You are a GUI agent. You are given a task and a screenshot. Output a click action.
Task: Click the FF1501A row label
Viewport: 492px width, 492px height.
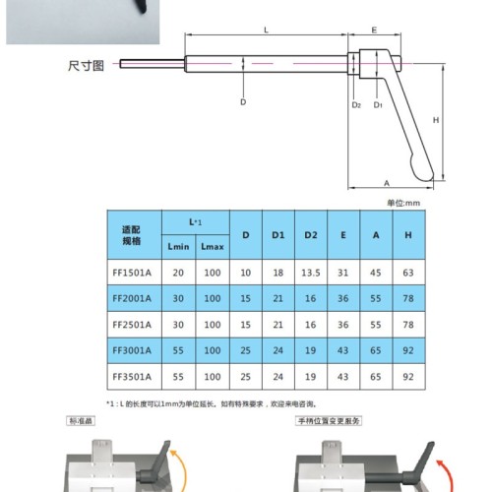132,273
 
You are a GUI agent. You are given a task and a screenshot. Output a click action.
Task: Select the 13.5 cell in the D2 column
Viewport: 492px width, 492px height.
311,273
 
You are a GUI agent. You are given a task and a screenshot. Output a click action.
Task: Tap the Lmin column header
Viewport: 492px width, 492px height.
178,246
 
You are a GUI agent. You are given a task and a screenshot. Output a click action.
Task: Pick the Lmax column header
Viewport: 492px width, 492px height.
213,246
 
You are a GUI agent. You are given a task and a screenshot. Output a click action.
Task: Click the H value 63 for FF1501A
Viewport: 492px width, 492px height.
408,273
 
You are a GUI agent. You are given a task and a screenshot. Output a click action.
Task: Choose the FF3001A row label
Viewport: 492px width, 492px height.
132,350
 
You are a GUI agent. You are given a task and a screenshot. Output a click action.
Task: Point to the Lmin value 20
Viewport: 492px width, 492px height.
178,273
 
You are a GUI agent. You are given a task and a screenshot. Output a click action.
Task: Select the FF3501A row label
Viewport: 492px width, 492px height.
132,377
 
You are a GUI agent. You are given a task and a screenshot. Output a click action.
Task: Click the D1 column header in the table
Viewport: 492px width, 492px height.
278,235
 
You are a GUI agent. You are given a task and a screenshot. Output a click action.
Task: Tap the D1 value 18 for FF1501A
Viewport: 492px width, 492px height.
278,273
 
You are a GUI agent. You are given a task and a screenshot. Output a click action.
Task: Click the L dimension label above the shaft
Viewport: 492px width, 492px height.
266,31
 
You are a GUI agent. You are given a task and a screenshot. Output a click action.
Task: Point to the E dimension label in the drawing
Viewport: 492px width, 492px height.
374,31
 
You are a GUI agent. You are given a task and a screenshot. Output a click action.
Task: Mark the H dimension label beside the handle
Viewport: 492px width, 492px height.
436,120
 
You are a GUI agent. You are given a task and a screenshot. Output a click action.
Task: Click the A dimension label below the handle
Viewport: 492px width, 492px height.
387,183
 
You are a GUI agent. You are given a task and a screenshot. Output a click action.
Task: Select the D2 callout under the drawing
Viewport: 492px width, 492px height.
356,105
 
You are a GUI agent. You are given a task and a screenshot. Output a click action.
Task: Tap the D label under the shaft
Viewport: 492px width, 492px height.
243,102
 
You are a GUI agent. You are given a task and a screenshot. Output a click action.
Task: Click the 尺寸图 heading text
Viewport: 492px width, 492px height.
86,66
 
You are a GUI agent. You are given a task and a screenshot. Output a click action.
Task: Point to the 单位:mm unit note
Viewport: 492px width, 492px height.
403,203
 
